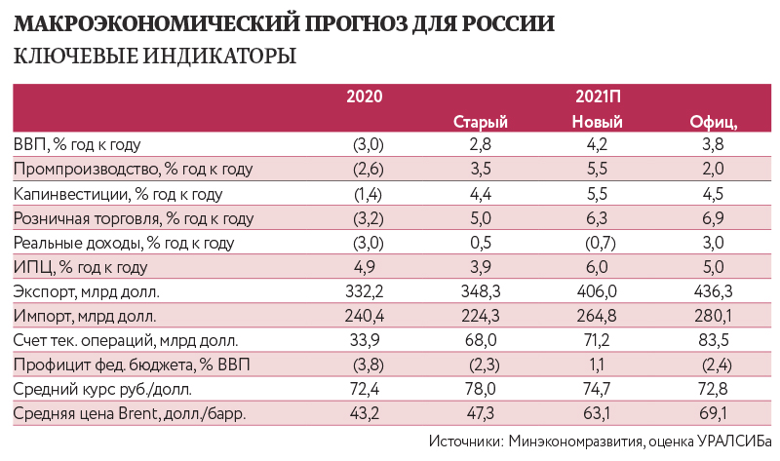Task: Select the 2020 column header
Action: click(x=365, y=96)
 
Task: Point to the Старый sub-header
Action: click(x=482, y=121)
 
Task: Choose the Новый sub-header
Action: click(x=598, y=121)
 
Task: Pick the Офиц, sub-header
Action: click(x=714, y=121)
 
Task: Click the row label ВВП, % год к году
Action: click(x=78, y=145)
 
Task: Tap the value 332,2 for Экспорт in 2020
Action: click(x=370, y=291)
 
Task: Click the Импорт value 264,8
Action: click(x=598, y=316)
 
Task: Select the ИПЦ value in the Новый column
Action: click(x=598, y=267)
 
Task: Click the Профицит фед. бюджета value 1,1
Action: click(x=598, y=365)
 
